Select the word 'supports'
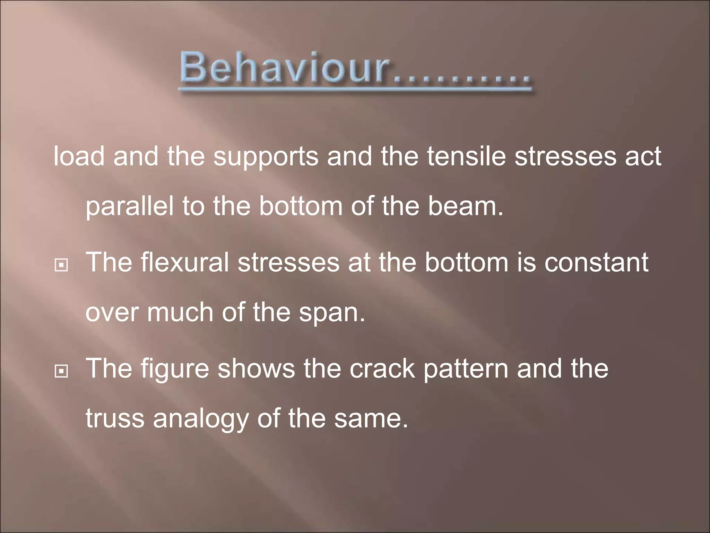click(266, 157)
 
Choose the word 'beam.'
click(465, 206)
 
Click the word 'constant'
click(596, 262)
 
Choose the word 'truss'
click(115, 418)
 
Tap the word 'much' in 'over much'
click(180, 313)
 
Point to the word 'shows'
click(256, 368)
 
